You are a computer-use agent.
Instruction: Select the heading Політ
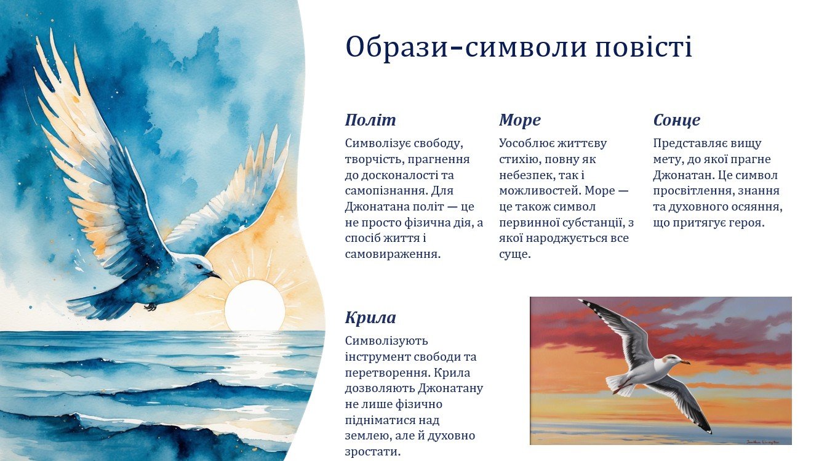370,120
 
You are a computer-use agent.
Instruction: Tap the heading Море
520,120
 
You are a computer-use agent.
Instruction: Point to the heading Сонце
677,121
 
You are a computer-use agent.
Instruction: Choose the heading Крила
370,318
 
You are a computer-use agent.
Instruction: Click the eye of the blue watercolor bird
199,266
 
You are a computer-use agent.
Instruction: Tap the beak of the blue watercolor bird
214,275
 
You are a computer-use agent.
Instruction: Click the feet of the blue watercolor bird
151,307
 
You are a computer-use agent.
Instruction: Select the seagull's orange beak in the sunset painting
685,362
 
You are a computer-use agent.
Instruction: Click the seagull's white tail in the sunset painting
619,385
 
